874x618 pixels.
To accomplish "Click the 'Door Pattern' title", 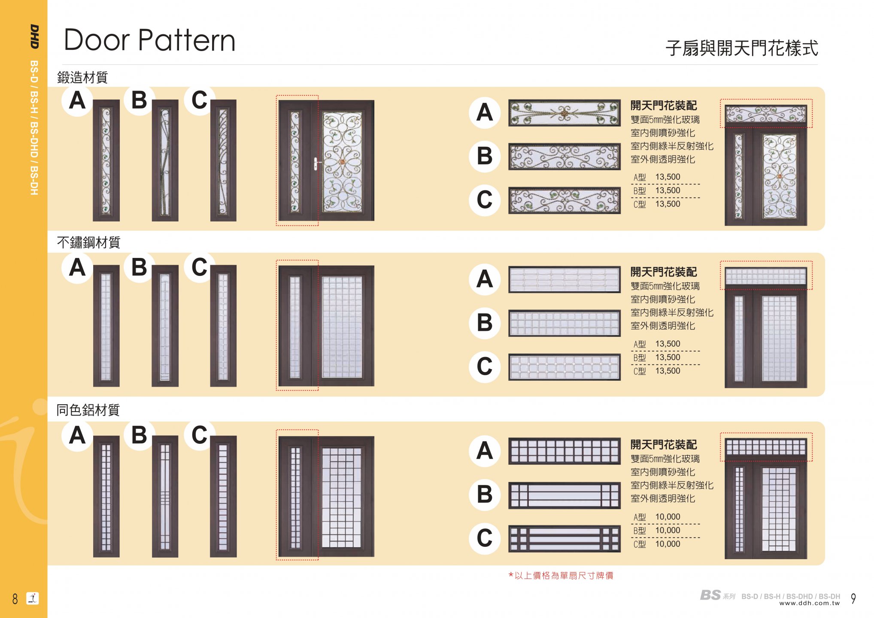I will (149, 40).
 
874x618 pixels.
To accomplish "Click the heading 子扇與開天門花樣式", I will (741, 48).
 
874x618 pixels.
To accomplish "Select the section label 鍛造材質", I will (82, 78).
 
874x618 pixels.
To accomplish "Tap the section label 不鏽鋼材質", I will (88, 242).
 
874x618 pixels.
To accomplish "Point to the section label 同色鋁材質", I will (88, 410).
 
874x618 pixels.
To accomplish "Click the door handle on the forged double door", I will (316, 163).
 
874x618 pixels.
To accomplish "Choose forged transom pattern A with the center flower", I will (564, 113).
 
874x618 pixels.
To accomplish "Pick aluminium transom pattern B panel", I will (564, 495).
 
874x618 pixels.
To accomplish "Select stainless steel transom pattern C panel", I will (564, 367).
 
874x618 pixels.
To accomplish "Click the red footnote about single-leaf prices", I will (561, 576).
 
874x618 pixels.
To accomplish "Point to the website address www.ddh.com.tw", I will (809, 603).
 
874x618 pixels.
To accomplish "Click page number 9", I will (853, 598).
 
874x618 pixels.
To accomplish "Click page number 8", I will (15, 598).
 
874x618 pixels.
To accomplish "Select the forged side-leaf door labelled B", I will (165, 161).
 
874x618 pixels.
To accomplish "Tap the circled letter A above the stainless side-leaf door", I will (77, 267).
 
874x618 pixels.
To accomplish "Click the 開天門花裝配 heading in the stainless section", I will (663, 272).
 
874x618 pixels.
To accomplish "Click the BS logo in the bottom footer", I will (710, 595).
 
